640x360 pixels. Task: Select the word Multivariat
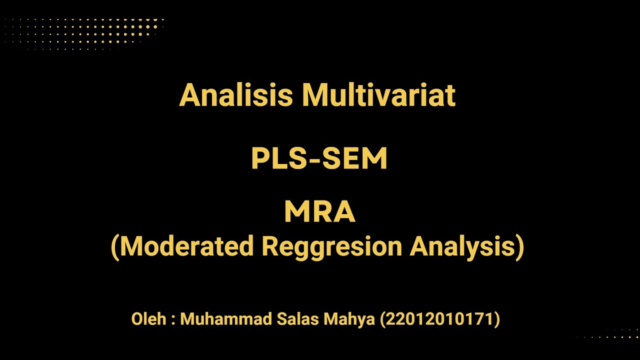(379, 94)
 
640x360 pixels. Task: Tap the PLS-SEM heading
(319, 159)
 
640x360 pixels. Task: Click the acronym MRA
(319, 212)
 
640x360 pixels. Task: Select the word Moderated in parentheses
(187, 246)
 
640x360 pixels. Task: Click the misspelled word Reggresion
(331, 246)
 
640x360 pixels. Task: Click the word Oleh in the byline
(148, 319)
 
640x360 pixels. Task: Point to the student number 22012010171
(440, 319)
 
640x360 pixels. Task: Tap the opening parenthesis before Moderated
(115, 246)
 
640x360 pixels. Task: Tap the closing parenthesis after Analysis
(520, 246)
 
